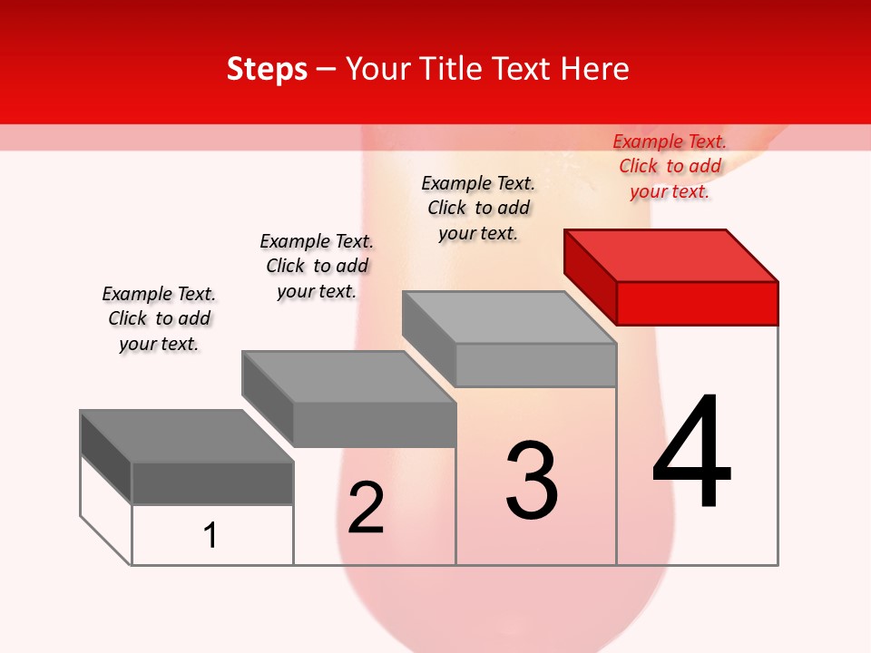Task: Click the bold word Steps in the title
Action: (267, 69)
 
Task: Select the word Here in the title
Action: (594, 69)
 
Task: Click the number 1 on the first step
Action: (210, 535)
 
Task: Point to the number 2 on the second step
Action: (367, 508)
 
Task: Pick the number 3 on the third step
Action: (532, 481)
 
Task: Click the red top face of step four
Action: (671, 256)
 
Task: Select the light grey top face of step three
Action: (508, 317)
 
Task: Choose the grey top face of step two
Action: (348, 377)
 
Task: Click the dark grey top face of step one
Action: (187, 436)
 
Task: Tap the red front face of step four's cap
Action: (697, 303)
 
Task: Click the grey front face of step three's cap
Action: (535, 365)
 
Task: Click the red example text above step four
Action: (670, 166)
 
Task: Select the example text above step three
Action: (478, 208)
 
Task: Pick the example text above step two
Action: (317, 266)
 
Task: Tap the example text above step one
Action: (159, 318)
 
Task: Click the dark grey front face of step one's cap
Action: (212, 482)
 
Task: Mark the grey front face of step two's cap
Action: (374, 424)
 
